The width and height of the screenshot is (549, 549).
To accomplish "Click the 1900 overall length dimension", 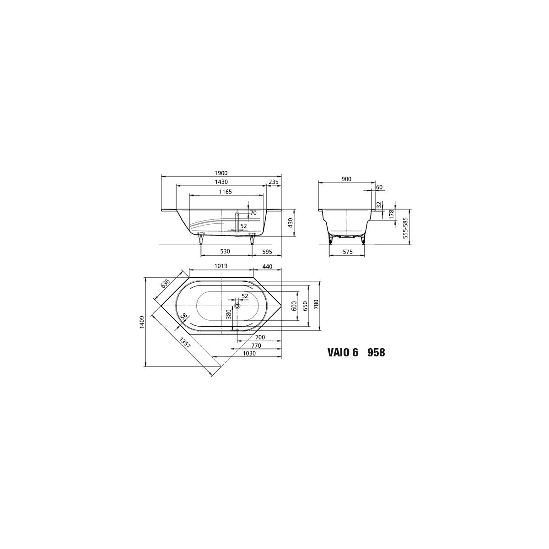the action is [x=221, y=173].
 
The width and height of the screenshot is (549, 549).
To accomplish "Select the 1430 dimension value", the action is [x=221, y=182].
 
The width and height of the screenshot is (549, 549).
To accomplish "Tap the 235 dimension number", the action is [x=274, y=182].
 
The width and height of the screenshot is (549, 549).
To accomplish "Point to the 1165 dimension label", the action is [x=226, y=192].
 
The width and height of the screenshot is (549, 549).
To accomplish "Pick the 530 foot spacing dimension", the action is [x=225, y=252].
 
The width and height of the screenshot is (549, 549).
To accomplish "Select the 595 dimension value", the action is [x=267, y=252].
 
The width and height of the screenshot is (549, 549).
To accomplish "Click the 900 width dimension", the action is [x=346, y=179].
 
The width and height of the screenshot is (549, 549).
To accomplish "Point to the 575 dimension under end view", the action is [x=348, y=252].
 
